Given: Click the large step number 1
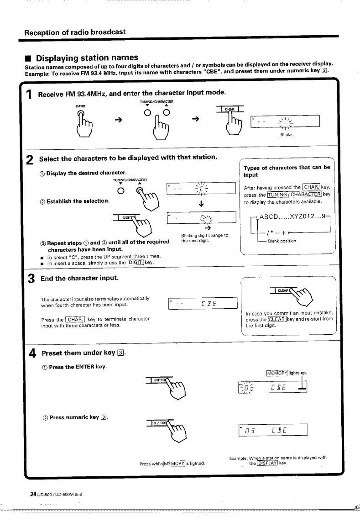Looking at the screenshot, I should point(29,95).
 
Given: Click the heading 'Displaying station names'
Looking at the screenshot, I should point(87,58).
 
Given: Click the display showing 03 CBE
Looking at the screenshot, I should point(273,431).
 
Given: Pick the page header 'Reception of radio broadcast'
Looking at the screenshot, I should point(74,32).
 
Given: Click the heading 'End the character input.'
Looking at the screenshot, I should point(80,278).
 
